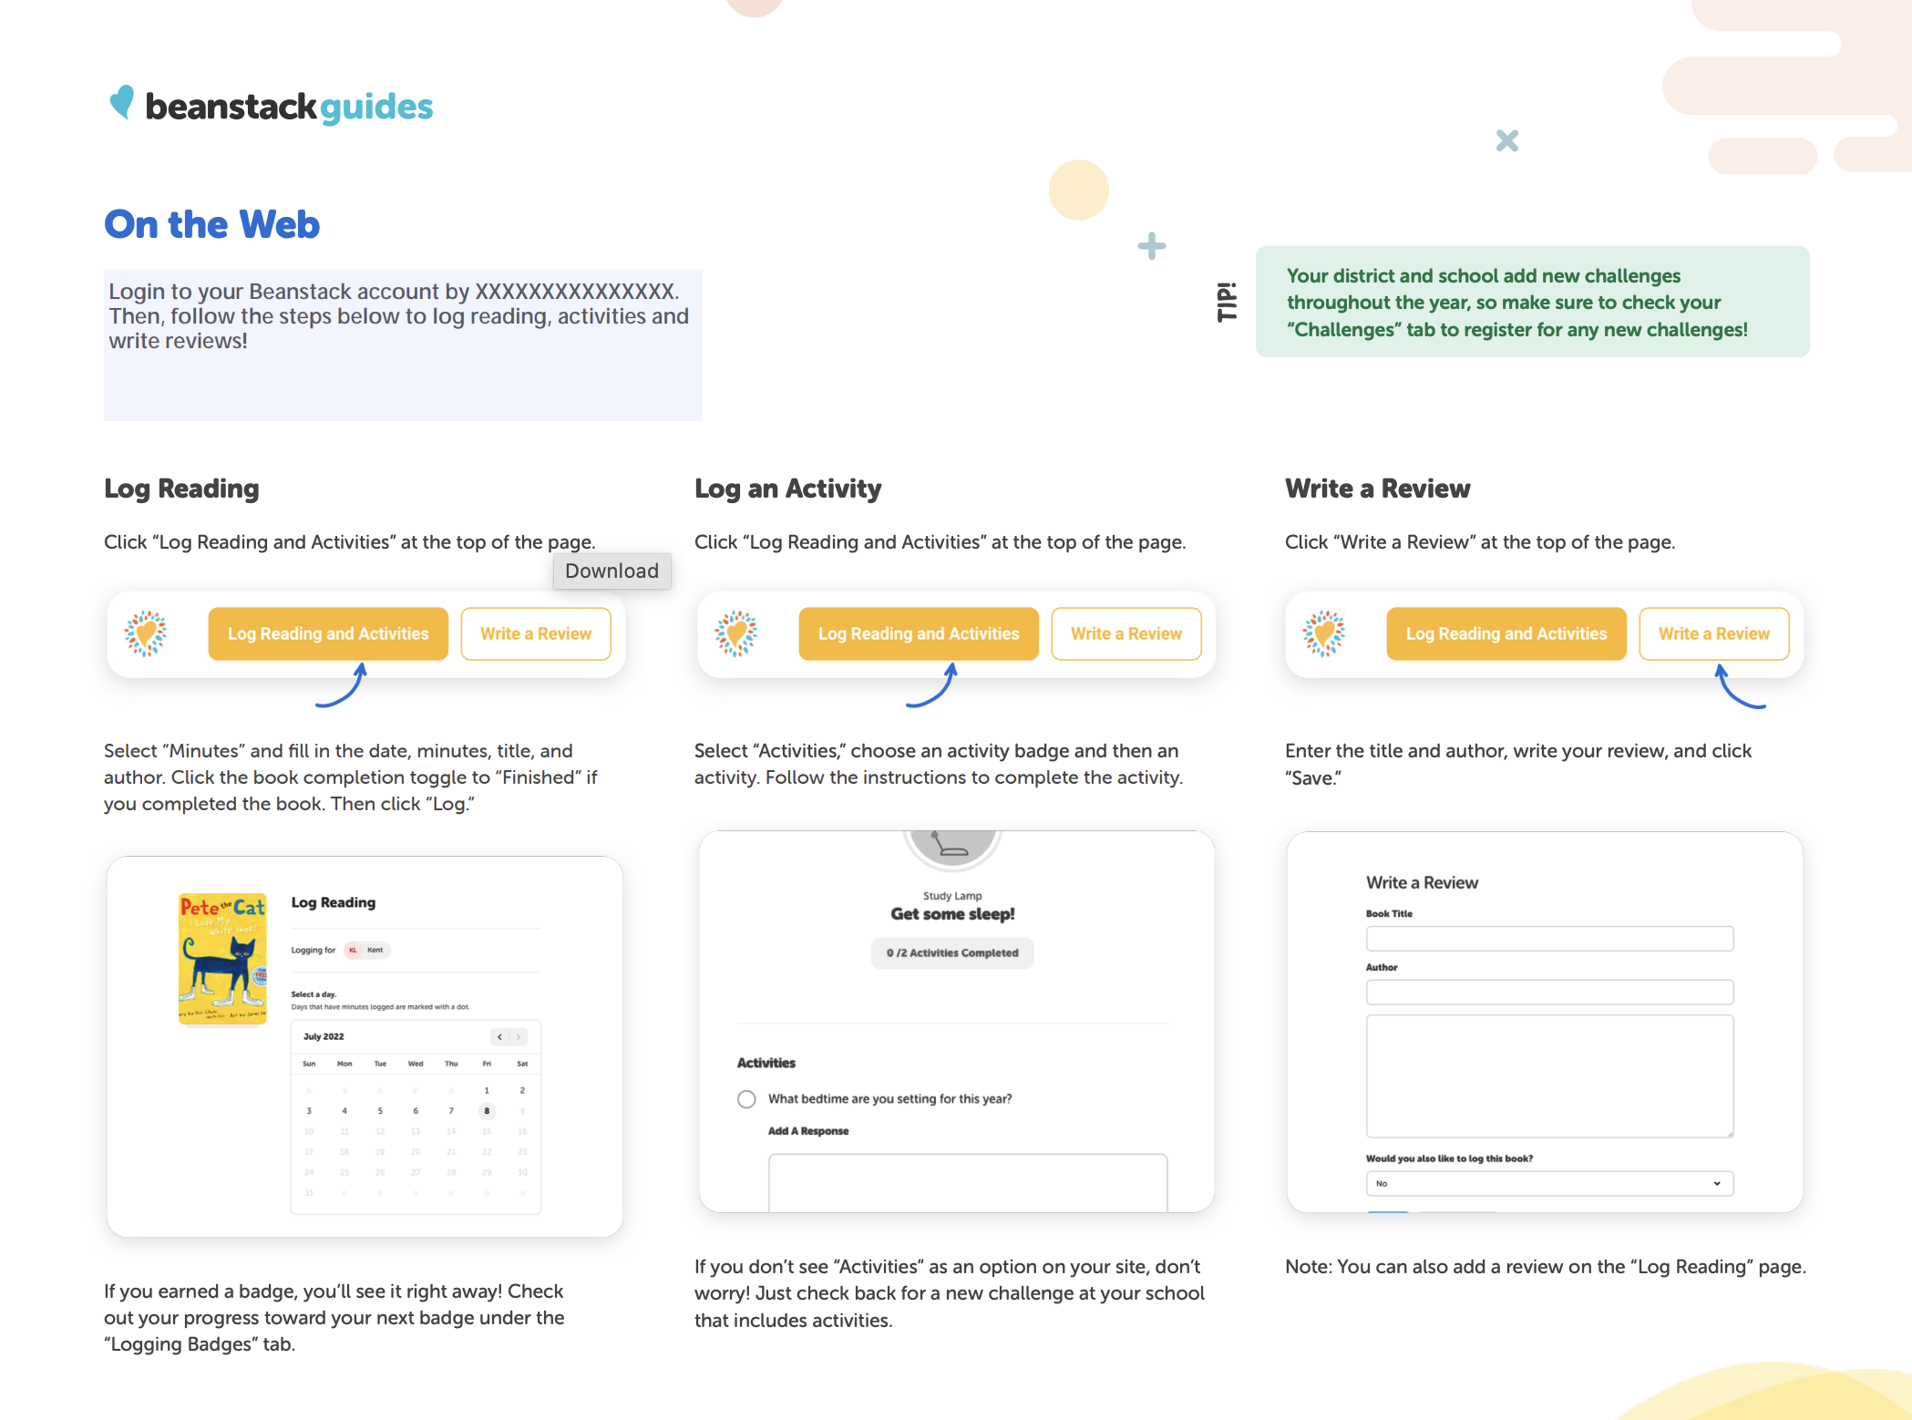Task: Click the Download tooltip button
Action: click(612, 571)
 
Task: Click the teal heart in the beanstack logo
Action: click(122, 102)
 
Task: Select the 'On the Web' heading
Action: click(211, 224)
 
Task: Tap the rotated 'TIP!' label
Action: click(1227, 302)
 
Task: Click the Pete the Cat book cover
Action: click(222, 958)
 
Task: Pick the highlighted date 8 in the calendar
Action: click(487, 1110)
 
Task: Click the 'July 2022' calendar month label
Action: click(324, 1036)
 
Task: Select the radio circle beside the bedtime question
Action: click(746, 1099)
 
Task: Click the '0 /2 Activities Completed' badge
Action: click(952, 952)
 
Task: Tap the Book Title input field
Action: click(1549, 939)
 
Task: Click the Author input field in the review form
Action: click(1549, 992)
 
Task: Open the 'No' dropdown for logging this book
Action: click(1549, 1183)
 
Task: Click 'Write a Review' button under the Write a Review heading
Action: click(1713, 633)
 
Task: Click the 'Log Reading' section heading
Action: click(181, 489)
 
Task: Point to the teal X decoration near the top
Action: click(1507, 140)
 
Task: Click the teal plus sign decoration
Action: click(1152, 245)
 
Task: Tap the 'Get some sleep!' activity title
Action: click(952, 913)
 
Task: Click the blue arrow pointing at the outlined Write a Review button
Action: click(1737, 689)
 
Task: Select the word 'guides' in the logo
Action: click(376, 108)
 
